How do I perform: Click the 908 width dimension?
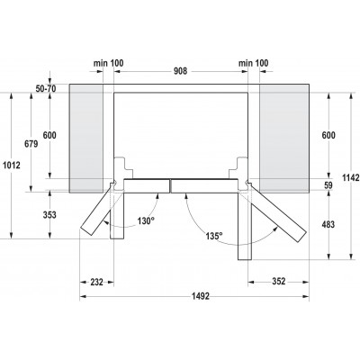coord(181,71)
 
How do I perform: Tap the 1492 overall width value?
coord(201,296)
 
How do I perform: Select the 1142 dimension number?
coord(351,177)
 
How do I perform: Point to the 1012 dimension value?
coord(11,165)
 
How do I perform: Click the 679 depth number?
coord(31,144)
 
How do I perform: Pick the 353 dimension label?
coord(49,215)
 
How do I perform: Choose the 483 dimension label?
coord(328,224)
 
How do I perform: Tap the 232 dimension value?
coord(96,282)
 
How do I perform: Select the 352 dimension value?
coord(279,282)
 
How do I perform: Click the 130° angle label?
coord(146,221)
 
